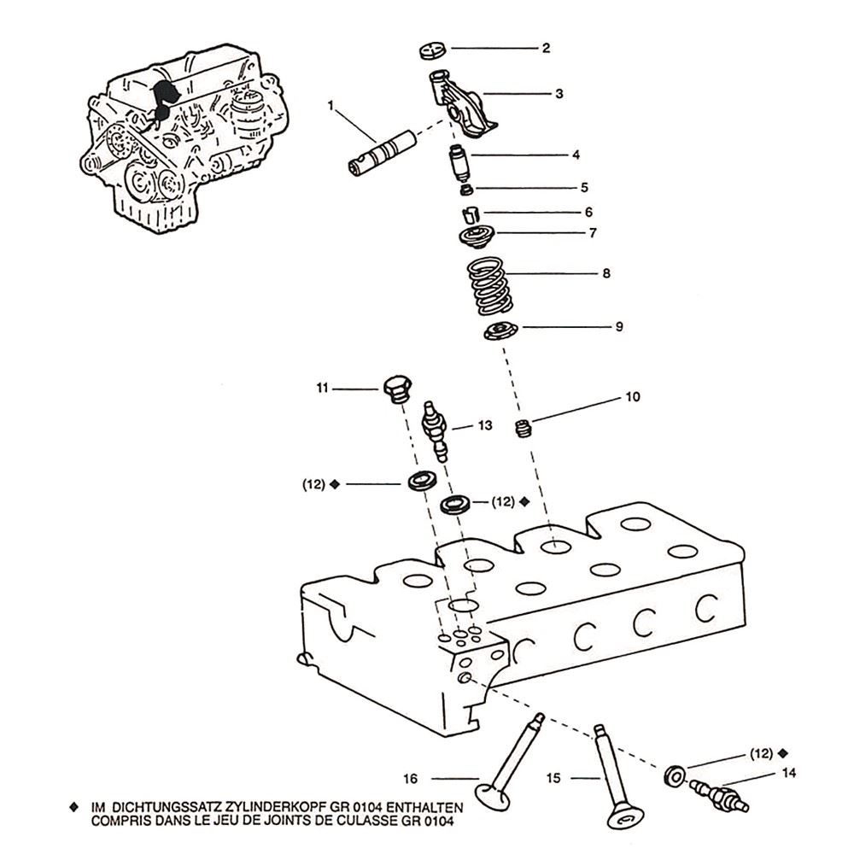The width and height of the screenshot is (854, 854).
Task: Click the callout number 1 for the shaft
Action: (x=330, y=106)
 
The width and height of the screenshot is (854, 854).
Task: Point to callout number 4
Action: (x=576, y=155)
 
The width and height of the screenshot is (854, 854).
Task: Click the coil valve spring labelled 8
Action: (x=489, y=286)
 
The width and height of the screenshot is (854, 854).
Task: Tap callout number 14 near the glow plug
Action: (x=788, y=773)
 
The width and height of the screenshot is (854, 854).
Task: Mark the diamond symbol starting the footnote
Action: (x=74, y=808)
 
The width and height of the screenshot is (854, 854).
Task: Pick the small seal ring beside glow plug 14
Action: (x=675, y=775)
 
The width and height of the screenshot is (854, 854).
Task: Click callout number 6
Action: (x=588, y=213)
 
